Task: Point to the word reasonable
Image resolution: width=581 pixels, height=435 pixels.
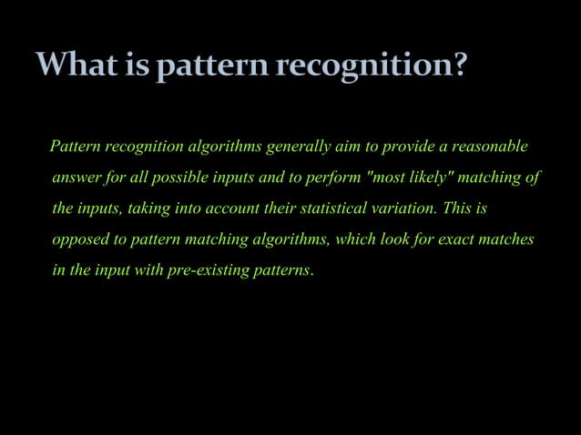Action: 489,147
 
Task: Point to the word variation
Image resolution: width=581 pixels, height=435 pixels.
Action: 404,208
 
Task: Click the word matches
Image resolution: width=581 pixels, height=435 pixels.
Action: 507,239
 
